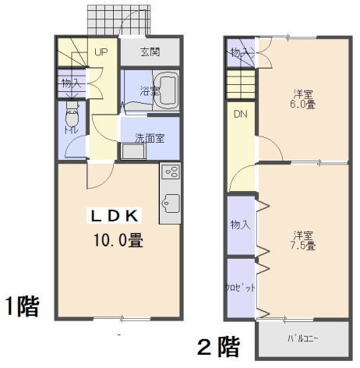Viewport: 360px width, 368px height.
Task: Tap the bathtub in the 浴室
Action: pyautogui.click(x=166, y=90)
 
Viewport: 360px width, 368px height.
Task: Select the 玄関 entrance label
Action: pyautogui.click(x=150, y=52)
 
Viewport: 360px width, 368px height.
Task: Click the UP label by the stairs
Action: pyautogui.click(x=101, y=52)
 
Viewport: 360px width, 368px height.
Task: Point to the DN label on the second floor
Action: pyautogui.click(x=241, y=114)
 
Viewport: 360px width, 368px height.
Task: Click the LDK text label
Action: pyautogui.click(x=115, y=216)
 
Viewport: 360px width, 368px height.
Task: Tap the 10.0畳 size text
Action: pyautogui.click(x=118, y=240)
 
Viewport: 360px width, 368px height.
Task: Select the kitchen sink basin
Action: pyautogui.click(x=171, y=203)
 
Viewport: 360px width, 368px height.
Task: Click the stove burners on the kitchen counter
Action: pyautogui.click(x=171, y=172)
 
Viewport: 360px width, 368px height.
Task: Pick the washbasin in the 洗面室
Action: pyautogui.click(x=132, y=151)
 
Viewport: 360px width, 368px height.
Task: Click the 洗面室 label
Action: pyautogui.click(x=150, y=138)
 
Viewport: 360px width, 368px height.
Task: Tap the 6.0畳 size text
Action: pyautogui.click(x=303, y=104)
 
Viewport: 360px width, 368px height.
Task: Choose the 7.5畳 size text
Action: pyautogui.click(x=303, y=246)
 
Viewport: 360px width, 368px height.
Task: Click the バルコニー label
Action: pyautogui.click(x=303, y=338)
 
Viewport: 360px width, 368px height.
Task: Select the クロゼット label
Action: pyautogui.click(x=240, y=288)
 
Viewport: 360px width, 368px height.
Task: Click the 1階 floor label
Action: pyautogui.click(x=23, y=306)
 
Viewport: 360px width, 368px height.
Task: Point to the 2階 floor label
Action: pyautogui.click(x=218, y=347)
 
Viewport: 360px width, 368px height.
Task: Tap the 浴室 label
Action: pyautogui.click(x=150, y=91)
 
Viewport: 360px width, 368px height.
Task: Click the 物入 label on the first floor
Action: pyautogui.click(x=72, y=83)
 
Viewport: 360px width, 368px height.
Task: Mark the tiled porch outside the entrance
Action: pyautogui.click(x=119, y=19)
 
